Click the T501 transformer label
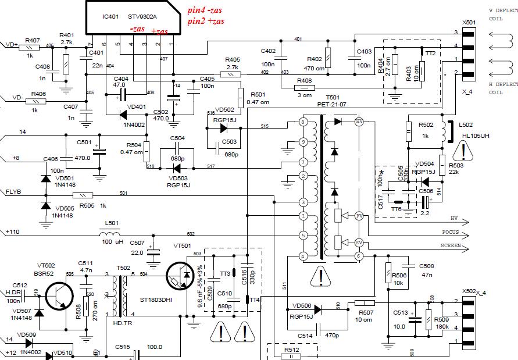[333, 98]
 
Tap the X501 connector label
[469, 22]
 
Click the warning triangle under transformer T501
[320, 277]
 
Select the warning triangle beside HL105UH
[463, 153]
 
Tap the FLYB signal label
[14, 191]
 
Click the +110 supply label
[12, 231]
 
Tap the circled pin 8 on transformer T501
[302, 122]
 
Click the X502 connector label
[469, 291]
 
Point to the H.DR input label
[13, 292]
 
